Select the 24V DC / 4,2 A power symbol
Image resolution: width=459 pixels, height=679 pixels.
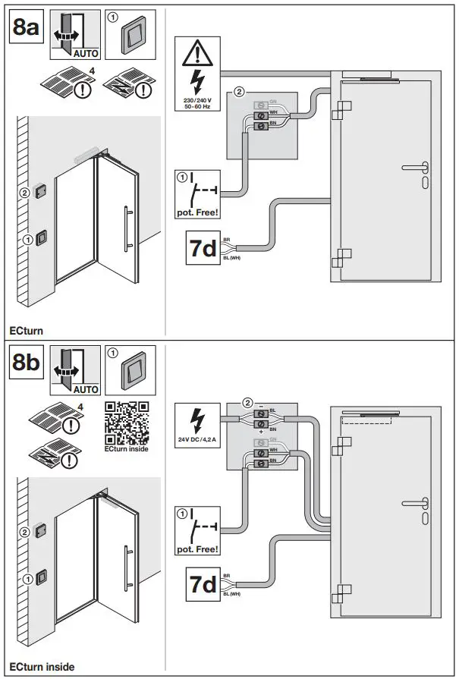coord(197,425)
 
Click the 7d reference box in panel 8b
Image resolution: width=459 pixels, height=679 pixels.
coord(202,584)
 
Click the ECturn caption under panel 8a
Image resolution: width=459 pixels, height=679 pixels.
coord(27,332)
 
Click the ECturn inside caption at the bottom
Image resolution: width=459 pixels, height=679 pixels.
coord(42,667)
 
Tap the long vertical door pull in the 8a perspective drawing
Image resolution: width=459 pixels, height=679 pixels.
coord(127,228)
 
